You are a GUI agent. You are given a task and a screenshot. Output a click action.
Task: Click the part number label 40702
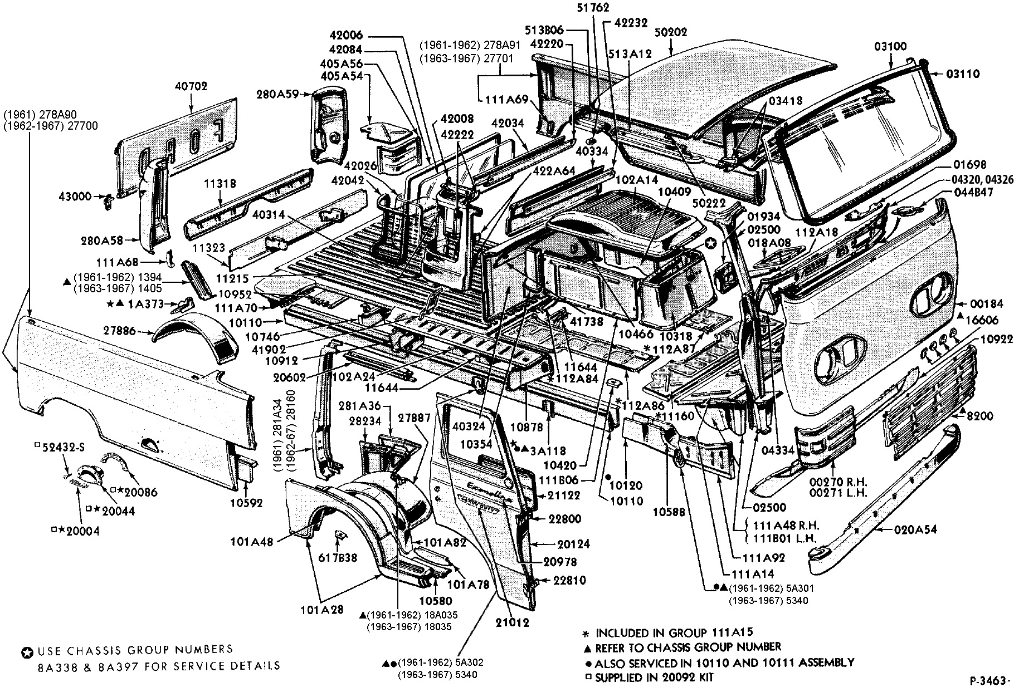(191, 86)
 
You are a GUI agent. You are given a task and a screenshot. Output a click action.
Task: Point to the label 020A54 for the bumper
(916, 530)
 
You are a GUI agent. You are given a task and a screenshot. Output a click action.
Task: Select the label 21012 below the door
(512, 622)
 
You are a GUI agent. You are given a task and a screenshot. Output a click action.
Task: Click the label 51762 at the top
(592, 8)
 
